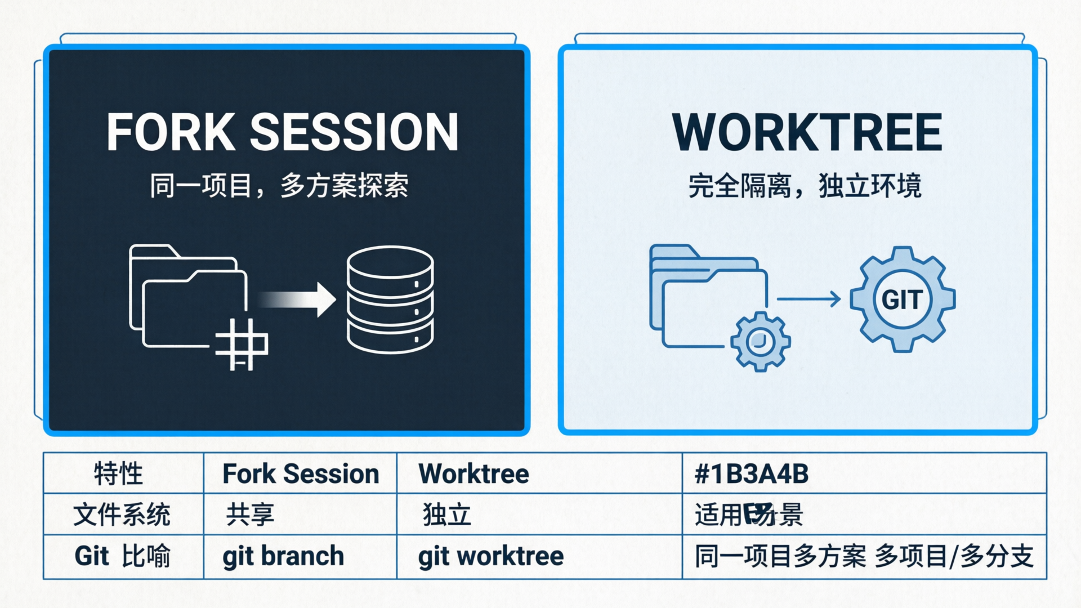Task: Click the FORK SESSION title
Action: (x=283, y=132)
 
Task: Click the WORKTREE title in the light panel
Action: (x=807, y=132)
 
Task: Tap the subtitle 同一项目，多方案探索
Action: (x=279, y=186)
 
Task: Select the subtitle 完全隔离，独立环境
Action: (x=805, y=186)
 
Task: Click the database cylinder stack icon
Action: (x=390, y=299)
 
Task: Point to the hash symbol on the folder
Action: (x=242, y=344)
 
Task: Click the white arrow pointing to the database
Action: (x=298, y=299)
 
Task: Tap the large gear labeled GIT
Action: (x=902, y=299)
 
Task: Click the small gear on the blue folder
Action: (x=760, y=341)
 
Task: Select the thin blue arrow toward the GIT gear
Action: (x=808, y=299)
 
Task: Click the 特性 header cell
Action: (x=118, y=473)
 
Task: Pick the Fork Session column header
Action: (x=301, y=473)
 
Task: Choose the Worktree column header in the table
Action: (x=474, y=473)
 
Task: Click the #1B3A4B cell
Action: (x=752, y=473)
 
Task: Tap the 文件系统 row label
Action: (x=122, y=515)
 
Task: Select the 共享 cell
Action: (x=249, y=515)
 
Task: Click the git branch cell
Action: (x=283, y=556)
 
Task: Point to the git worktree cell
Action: (x=490, y=556)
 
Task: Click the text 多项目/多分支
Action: (x=954, y=556)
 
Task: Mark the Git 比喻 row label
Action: (x=122, y=556)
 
